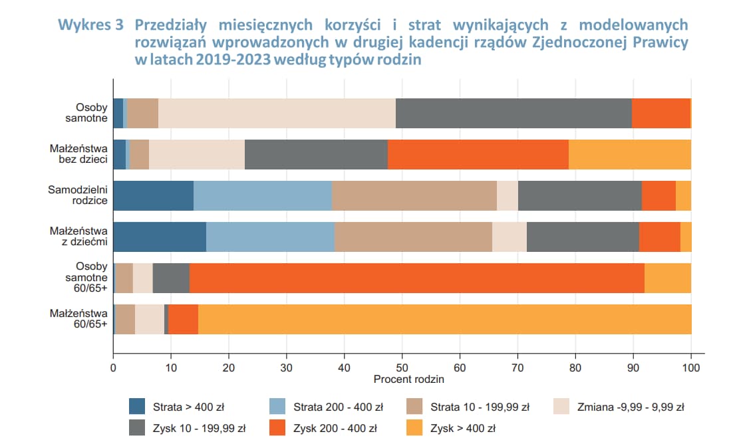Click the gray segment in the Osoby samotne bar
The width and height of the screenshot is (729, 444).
pos(513,113)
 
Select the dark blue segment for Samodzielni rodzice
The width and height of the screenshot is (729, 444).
pos(154,195)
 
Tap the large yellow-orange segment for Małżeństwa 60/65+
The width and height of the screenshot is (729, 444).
pos(444,319)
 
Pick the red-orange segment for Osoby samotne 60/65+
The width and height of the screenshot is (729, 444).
pos(417,278)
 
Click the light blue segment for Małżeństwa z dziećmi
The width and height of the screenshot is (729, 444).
pos(270,237)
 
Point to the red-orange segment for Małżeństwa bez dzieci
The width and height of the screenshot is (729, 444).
pos(478,154)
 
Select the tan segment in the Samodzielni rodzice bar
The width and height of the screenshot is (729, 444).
pos(414,195)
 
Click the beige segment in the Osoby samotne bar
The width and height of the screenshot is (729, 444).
pos(277,113)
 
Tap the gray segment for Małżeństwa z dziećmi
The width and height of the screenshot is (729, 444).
pos(583,237)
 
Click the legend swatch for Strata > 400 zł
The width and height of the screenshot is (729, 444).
pos(137,406)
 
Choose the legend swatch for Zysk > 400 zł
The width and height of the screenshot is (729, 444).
pos(414,428)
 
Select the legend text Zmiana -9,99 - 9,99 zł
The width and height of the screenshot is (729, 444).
pos(631,407)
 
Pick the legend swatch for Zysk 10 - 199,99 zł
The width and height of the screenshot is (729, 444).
pos(137,428)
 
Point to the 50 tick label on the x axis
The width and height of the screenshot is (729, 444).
pos(402,368)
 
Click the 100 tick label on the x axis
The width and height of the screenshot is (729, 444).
pos(691,368)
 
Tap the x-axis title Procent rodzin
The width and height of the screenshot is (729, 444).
pos(408,380)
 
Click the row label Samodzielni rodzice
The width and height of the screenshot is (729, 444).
pos(78,195)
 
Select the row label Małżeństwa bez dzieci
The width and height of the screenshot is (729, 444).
pos(78,154)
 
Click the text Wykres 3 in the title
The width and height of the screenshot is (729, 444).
pos(90,25)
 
